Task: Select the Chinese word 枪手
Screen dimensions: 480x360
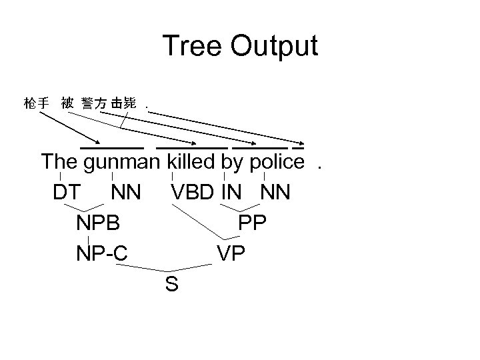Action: click(x=35, y=103)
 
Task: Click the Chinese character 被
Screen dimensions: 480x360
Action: click(x=67, y=103)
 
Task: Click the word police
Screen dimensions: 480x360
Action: click(x=276, y=161)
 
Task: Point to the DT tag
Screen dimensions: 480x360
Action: click(x=67, y=192)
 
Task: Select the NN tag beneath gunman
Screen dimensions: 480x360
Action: click(x=126, y=192)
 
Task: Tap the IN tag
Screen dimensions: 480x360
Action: click(x=233, y=192)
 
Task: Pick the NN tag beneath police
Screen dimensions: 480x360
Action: click(x=275, y=192)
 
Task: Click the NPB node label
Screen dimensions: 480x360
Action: click(x=98, y=223)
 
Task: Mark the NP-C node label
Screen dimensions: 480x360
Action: click(x=102, y=253)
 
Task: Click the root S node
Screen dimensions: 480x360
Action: click(x=171, y=285)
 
